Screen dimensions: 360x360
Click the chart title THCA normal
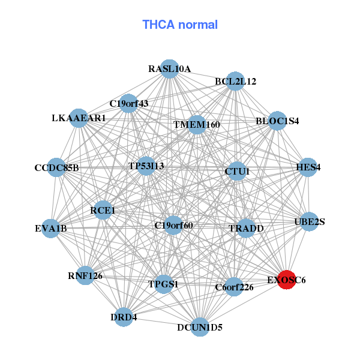click(179, 25)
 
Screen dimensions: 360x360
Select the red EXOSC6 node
click(287, 280)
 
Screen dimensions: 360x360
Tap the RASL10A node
click(170, 68)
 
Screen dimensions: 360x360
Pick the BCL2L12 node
click(235, 82)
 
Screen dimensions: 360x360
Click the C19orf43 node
click(128, 103)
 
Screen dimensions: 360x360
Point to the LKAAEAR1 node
click(79, 118)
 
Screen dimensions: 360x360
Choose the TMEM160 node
click(197, 125)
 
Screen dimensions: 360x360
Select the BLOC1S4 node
click(277, 121)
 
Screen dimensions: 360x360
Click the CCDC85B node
click(57, 167)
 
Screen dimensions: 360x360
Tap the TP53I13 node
click(146, 165)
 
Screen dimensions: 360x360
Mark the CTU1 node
click(236, 172)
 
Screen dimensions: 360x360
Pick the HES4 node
click(308, 167)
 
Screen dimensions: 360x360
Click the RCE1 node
click(103, 210)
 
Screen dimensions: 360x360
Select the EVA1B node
click(51, 228)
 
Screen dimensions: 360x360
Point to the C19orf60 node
click(173, 226)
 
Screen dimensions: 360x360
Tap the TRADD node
click(246, 228)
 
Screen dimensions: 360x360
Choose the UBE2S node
click(310, 222)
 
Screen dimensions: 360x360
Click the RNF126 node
click(85, 275)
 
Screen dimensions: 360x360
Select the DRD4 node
click(124, 317)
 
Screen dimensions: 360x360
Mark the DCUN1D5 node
click(200, 327)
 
